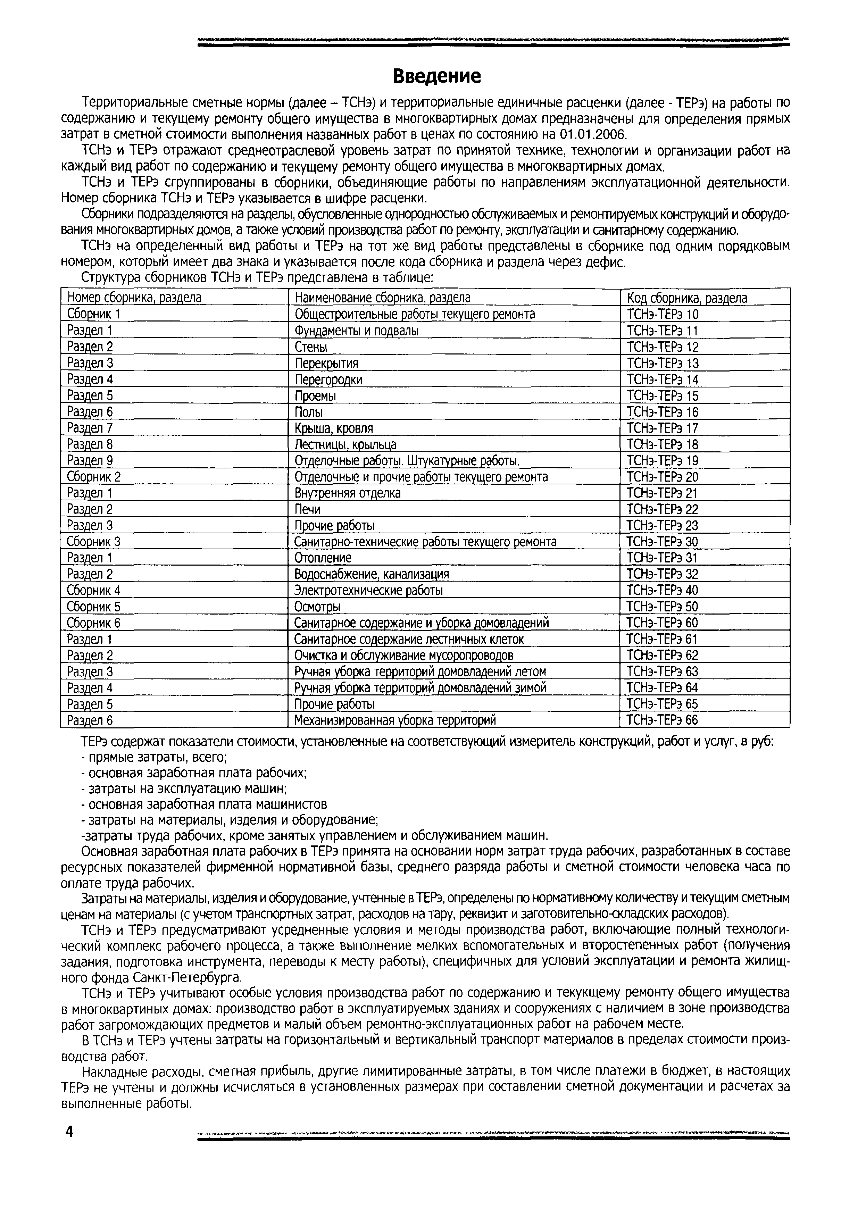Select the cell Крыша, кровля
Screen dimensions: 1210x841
[x=334, y=428]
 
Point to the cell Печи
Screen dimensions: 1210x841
[x=307, y=509]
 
